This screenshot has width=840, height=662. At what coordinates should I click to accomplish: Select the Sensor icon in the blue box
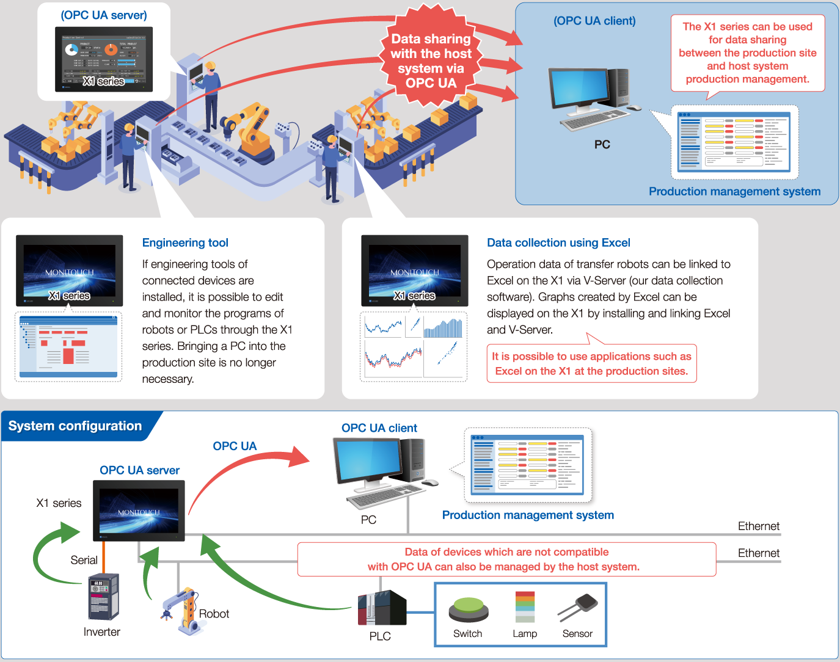click(579, 608)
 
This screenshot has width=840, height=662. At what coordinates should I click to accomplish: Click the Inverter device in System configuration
click(103, 597)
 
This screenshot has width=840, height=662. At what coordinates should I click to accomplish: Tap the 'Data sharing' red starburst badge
click(431, 60)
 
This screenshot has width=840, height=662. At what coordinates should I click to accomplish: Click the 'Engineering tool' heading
click(185, 242)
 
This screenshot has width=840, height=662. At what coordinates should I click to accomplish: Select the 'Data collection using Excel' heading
click(558, 242)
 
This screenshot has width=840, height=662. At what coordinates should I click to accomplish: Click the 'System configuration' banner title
click(75, 426)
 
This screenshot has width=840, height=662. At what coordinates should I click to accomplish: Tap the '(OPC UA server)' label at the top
click(104, 15)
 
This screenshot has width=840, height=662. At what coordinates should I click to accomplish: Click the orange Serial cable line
click(104, 556)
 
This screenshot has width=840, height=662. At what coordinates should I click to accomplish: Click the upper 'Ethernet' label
click(758, 526)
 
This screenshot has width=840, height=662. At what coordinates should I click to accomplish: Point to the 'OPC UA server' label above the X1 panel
click(139, 470)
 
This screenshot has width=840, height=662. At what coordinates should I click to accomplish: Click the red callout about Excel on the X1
click(591, 363)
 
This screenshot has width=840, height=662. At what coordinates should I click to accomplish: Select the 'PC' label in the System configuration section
click(368, 520)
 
